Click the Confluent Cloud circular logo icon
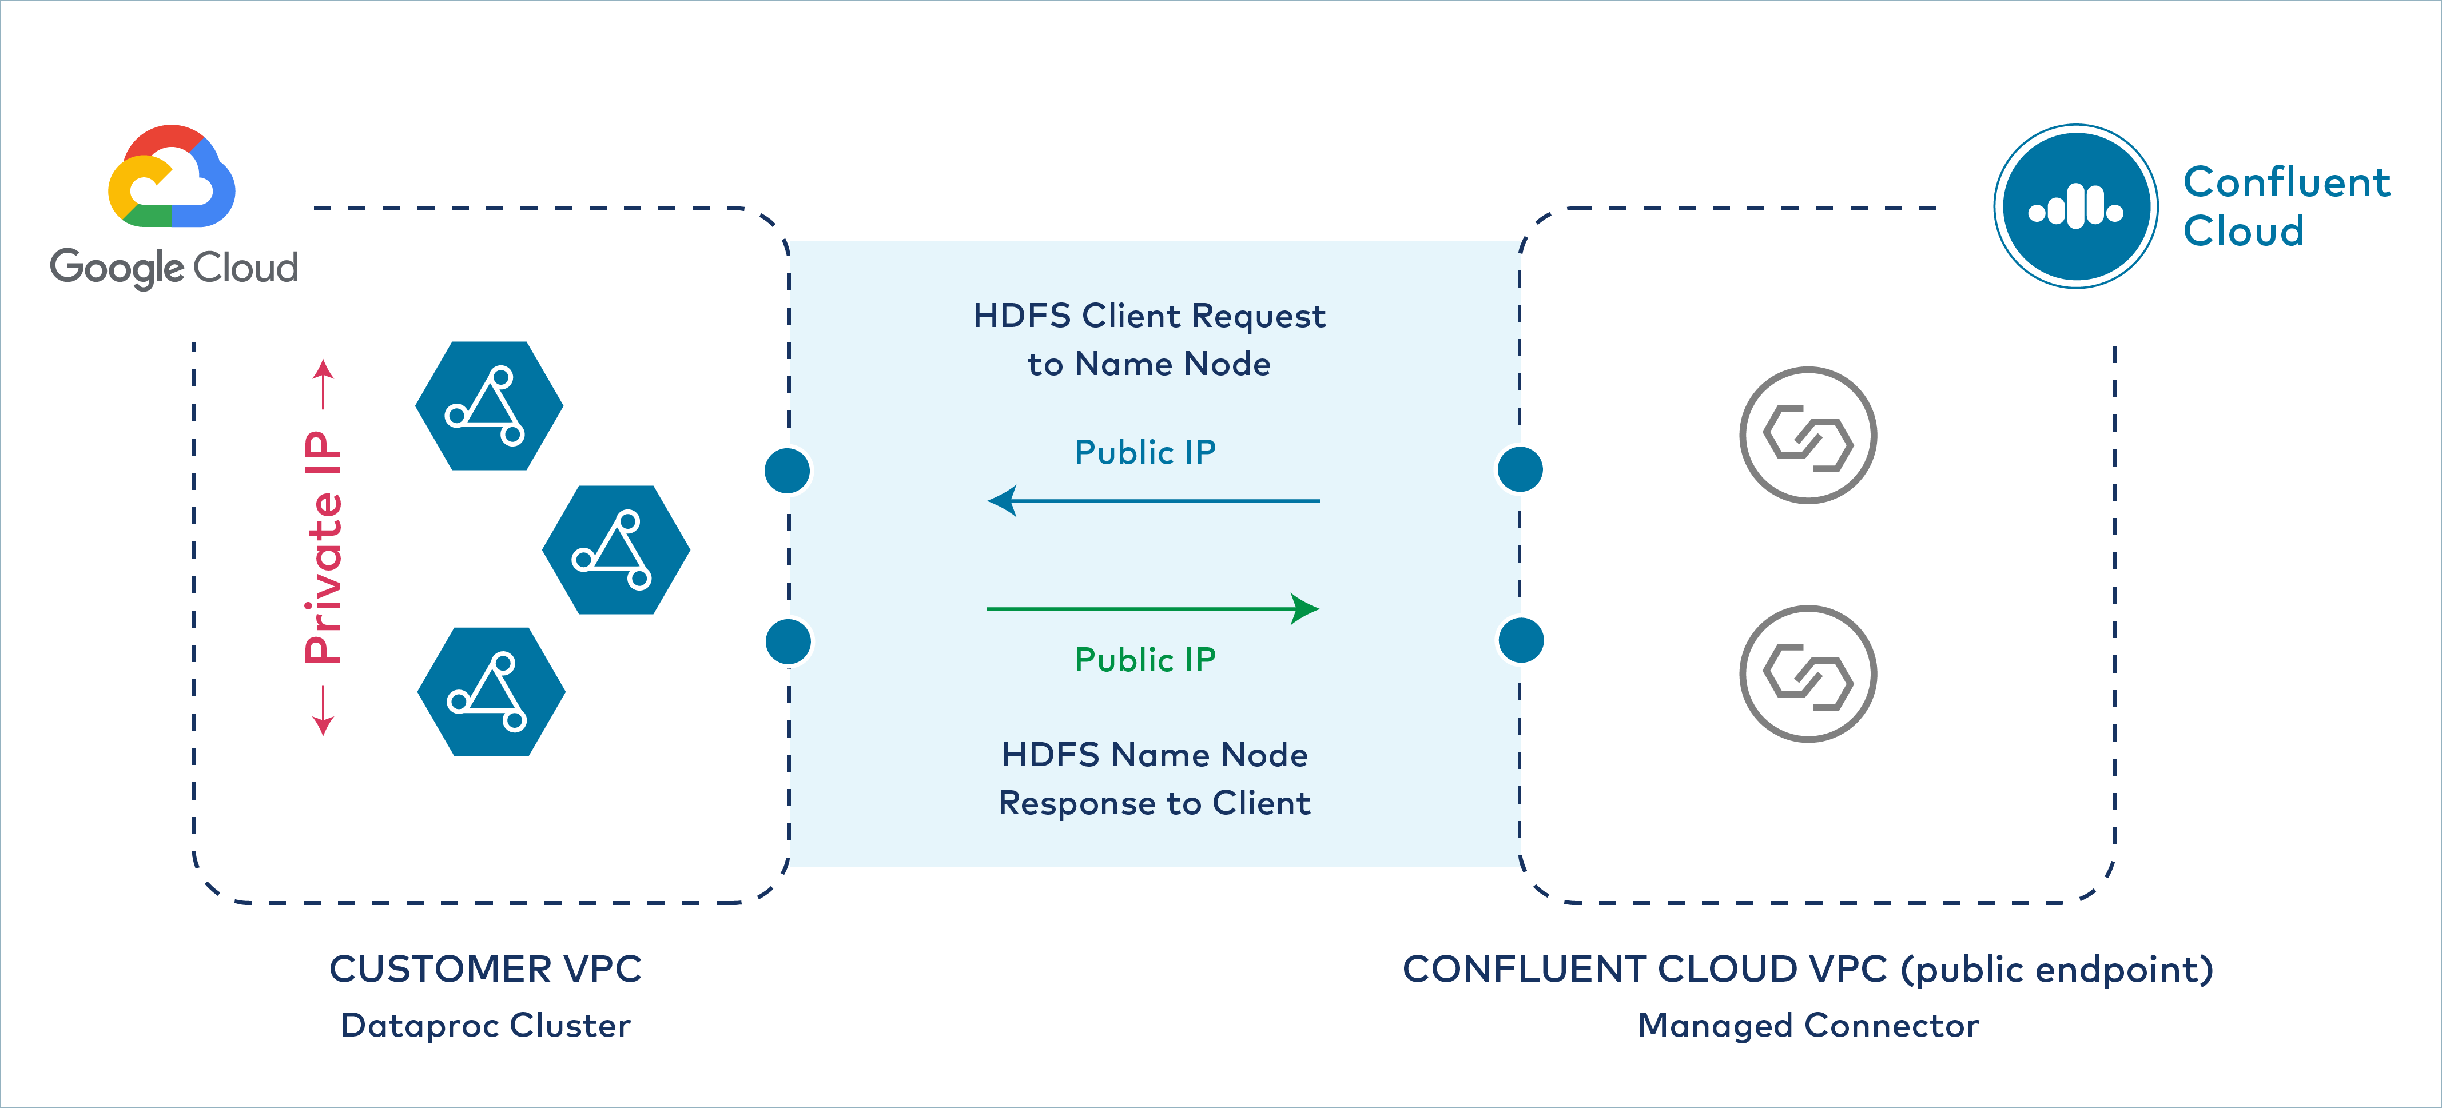click(2075, 206)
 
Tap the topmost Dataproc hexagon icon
click(489, 406)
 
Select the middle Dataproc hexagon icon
click(616, 550)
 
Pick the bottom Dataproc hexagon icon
click(491, 692)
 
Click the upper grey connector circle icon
click(1808, 435)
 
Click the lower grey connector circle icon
click(1808, 674)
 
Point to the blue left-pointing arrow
click(1152, 500)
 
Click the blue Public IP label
click(1145, 453)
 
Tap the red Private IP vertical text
click(323, 548)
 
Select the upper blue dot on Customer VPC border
click(787, 470)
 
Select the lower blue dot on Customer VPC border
click(788, 641)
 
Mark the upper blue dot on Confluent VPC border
click(1520, 469)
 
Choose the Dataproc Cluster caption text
click(486, 1026)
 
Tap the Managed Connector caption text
click(1808, 1026)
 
